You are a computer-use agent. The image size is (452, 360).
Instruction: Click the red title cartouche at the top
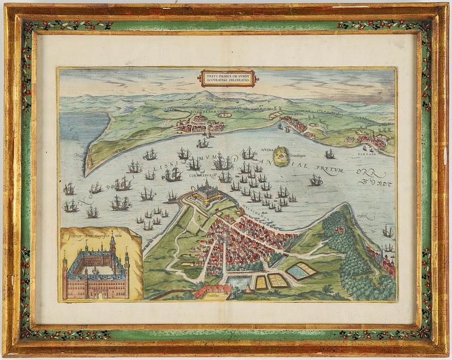[x=228, y=78]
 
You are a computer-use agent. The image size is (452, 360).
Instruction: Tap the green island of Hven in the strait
[x=281, y=156]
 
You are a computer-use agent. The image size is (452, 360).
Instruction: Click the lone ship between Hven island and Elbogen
[x=330, y=154]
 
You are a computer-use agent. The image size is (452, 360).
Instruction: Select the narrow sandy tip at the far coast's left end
[x=88, y=170]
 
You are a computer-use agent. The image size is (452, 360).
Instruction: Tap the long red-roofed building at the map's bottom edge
[x=212, y=291]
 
